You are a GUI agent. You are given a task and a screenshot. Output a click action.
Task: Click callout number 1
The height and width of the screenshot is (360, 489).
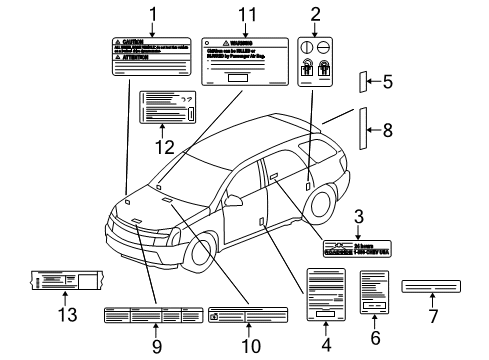[153, 13]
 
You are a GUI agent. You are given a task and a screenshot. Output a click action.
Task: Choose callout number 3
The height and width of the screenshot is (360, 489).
[358, 216]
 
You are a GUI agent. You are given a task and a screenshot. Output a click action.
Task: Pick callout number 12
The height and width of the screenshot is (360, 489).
[164, 146]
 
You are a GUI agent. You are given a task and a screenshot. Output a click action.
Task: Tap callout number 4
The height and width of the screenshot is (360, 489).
[324, 346]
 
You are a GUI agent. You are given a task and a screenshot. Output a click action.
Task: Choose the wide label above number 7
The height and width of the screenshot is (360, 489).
[431, 288]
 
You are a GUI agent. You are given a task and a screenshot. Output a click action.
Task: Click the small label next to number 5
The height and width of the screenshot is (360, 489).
[366, 82]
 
